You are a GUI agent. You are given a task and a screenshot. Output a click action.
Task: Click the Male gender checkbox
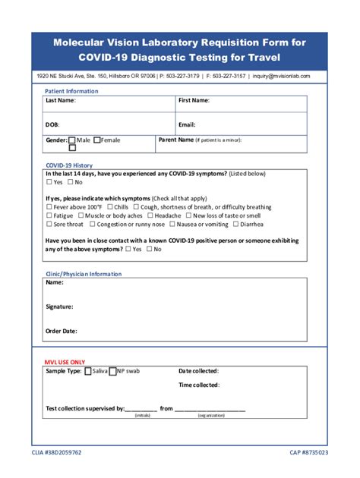coord(72,140)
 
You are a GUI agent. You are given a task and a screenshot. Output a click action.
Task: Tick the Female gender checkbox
coord(97,140)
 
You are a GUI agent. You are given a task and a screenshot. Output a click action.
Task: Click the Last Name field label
coord(60,100)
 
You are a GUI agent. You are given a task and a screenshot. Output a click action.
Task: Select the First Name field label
coord(194,100)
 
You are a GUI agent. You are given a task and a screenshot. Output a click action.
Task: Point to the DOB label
coord(52,124)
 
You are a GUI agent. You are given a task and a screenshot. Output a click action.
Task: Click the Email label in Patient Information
coord(187,124)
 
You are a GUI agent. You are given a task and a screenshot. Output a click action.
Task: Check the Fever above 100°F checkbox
coord(49,206)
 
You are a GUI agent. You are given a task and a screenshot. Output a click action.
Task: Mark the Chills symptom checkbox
coord(110,206)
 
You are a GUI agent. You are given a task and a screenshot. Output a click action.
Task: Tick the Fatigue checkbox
coord(49,215)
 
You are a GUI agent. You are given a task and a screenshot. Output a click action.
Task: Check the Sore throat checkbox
coord(49,225)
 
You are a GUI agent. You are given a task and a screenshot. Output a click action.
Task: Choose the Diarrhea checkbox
coord(236,225)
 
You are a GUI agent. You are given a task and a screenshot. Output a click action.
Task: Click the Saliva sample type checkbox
coord(87,372)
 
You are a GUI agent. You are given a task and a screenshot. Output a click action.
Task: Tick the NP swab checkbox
coord(112,372)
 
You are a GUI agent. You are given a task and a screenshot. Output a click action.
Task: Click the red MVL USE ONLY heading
coord(65,363)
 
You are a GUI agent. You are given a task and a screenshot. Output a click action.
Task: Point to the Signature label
coord(59,307)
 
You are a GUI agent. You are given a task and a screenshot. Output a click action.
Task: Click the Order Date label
coord(61,331)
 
